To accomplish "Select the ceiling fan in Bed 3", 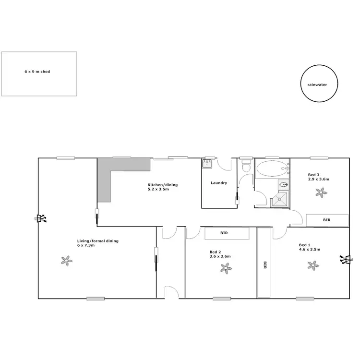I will (320, 193).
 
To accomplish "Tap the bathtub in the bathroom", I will (271, 169).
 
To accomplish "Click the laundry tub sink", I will (207, 164).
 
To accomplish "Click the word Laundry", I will (218, 183).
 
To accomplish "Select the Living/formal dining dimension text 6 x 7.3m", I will (86, 245).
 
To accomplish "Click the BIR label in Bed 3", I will (327, 220).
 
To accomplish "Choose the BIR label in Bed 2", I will (224, 233).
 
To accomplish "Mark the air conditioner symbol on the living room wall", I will (41, 219).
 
